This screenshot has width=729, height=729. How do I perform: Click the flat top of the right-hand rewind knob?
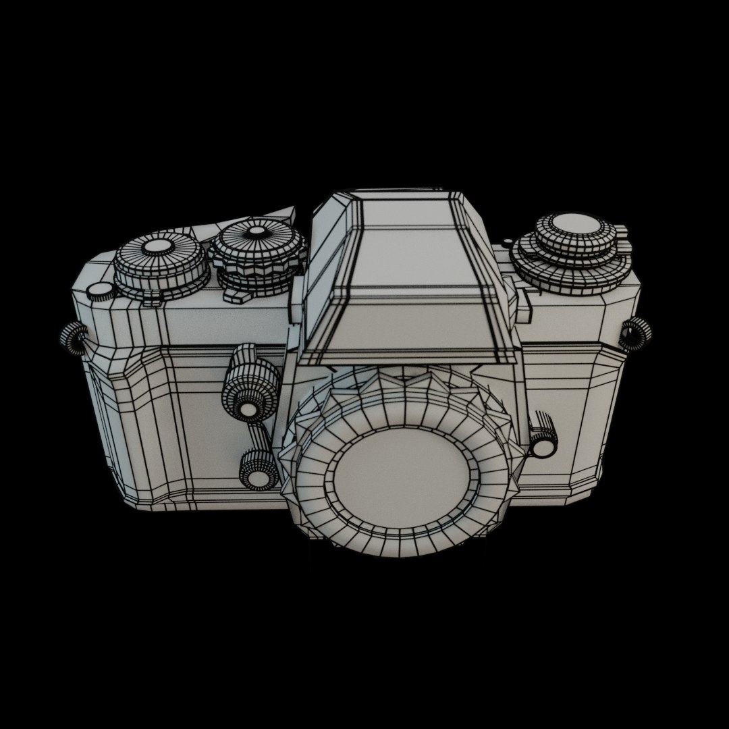tap(574, 227)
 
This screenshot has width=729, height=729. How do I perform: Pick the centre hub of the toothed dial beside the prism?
tap(256, 232)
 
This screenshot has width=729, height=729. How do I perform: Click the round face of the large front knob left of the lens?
tap(248, 408)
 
